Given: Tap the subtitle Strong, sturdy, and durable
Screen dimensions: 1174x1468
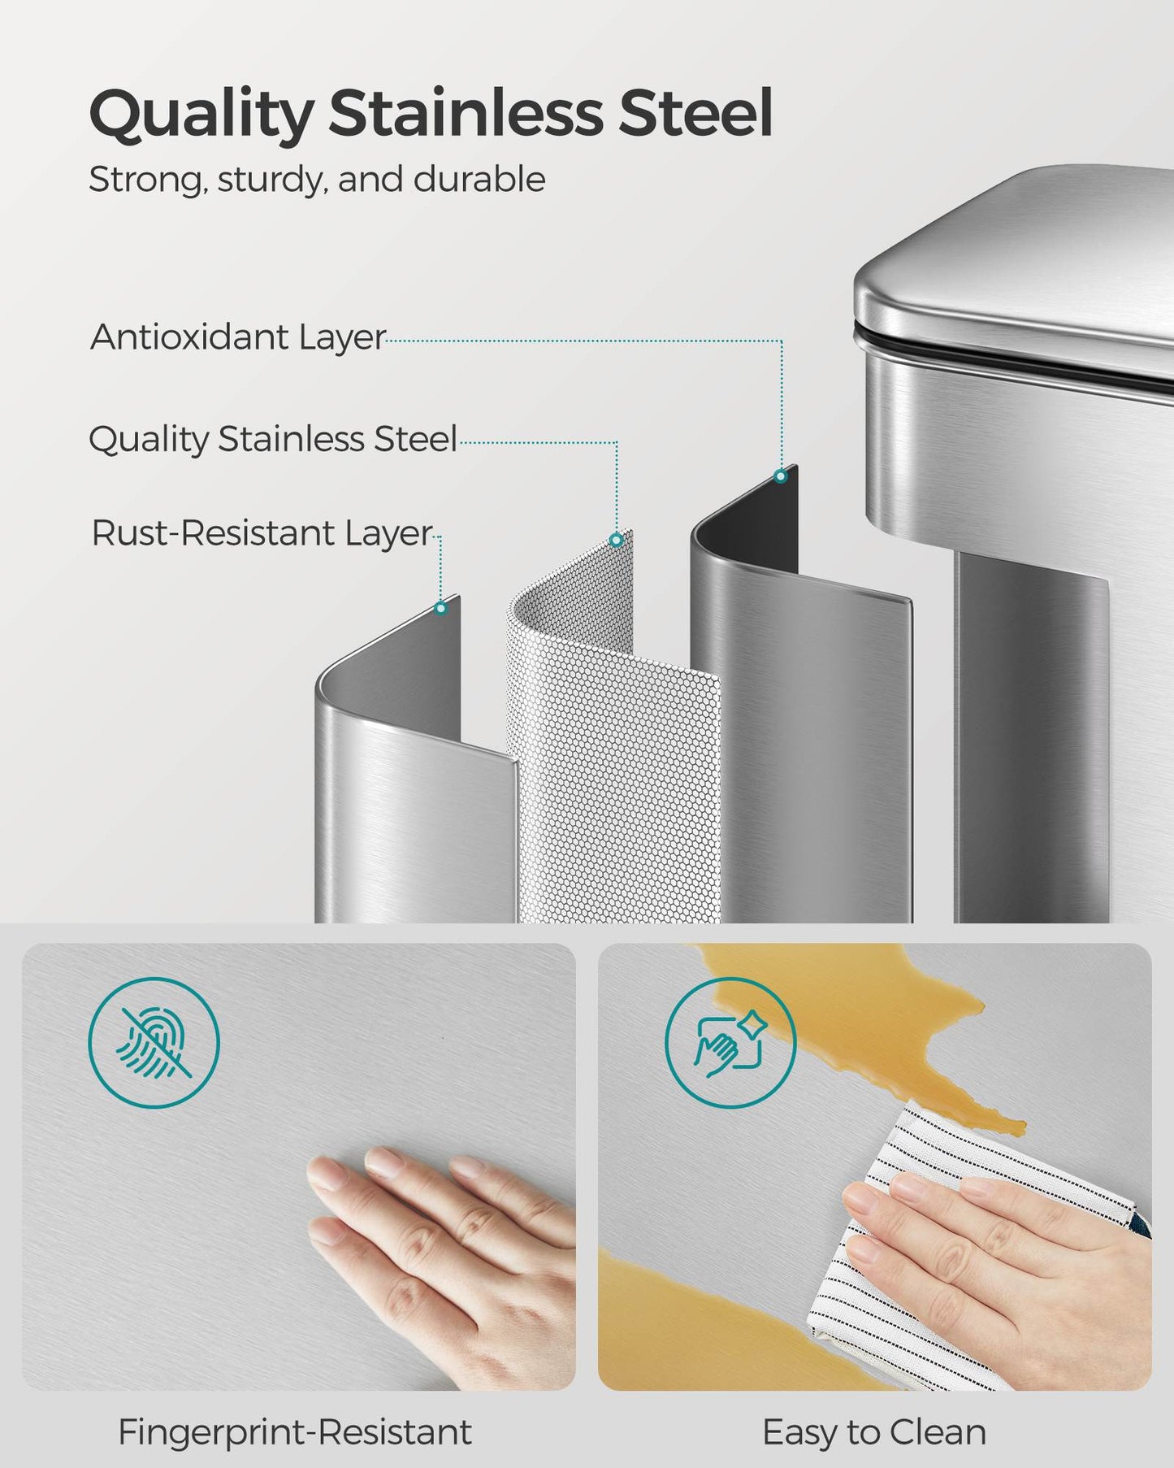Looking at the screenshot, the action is point(317,180).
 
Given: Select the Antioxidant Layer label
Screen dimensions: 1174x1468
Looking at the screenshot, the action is point(238,337).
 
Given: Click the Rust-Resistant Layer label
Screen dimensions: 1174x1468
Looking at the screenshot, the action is point(262,533).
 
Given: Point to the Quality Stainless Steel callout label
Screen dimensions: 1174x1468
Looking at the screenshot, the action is point(273,440).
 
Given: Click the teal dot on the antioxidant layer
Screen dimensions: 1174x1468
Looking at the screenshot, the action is point(781,476).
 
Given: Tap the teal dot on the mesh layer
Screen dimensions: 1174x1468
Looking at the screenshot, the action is point(617,540).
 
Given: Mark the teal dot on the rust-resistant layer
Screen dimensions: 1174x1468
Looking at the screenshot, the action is point(441,608).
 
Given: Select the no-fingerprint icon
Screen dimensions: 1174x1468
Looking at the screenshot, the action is point(154,1042).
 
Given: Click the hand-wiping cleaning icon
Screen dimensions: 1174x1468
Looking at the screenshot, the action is point(730,1042).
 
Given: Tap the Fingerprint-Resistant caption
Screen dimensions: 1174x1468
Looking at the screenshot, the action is point(295,1432).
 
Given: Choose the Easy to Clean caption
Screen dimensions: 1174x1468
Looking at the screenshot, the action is point(874,1432).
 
